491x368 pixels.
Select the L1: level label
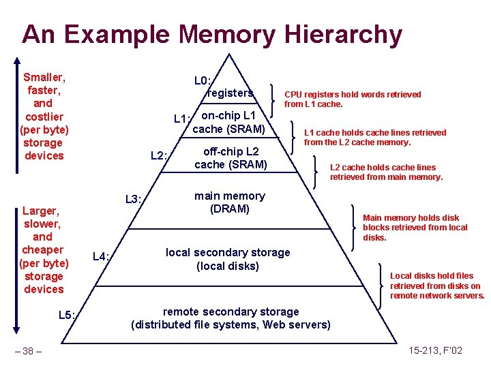click(x=181, y=119)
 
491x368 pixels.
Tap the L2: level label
click(x=159, y=156)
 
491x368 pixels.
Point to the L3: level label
click(x=133, y=200)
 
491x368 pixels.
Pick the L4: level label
click(x=102, y=256)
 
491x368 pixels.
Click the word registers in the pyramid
click(x=230, y=93)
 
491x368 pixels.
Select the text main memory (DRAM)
click(x=230, y=202)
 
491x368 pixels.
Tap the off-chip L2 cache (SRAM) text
click(x=230, y=158)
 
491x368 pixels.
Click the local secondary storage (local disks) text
click(x=228, y=259)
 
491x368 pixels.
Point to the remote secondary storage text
click(x=230, y=311)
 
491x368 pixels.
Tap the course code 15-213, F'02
click(x=436, y=350)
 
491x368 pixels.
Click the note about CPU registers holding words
click(x=353, y=99)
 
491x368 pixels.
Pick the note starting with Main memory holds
click(x=415, y=228)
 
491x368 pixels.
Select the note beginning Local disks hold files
click(x=436, y=286)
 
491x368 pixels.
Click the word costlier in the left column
click(x=43, y=117)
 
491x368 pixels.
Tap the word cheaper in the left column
click(x=43, y=250)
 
